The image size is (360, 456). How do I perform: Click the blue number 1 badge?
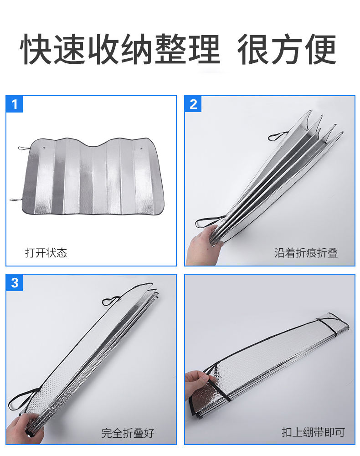(14, 104)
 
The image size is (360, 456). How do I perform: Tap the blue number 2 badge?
(193, 104)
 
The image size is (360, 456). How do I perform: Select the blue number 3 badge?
(14, 283)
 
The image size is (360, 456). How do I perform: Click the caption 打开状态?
(46, 253)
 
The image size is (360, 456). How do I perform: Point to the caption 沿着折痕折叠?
(306, 253)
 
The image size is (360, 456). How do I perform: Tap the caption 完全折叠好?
(128, 433)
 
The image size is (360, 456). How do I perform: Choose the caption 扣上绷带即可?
(313, 432)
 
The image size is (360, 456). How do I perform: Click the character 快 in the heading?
(36, 49)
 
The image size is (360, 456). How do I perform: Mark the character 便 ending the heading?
(321, 49)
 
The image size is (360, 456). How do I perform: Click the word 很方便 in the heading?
(287, 49)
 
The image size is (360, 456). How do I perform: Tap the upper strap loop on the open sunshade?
(23, 149)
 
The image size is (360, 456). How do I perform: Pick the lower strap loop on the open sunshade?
(15, 200)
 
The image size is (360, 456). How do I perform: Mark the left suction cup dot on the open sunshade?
(44, 148)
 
